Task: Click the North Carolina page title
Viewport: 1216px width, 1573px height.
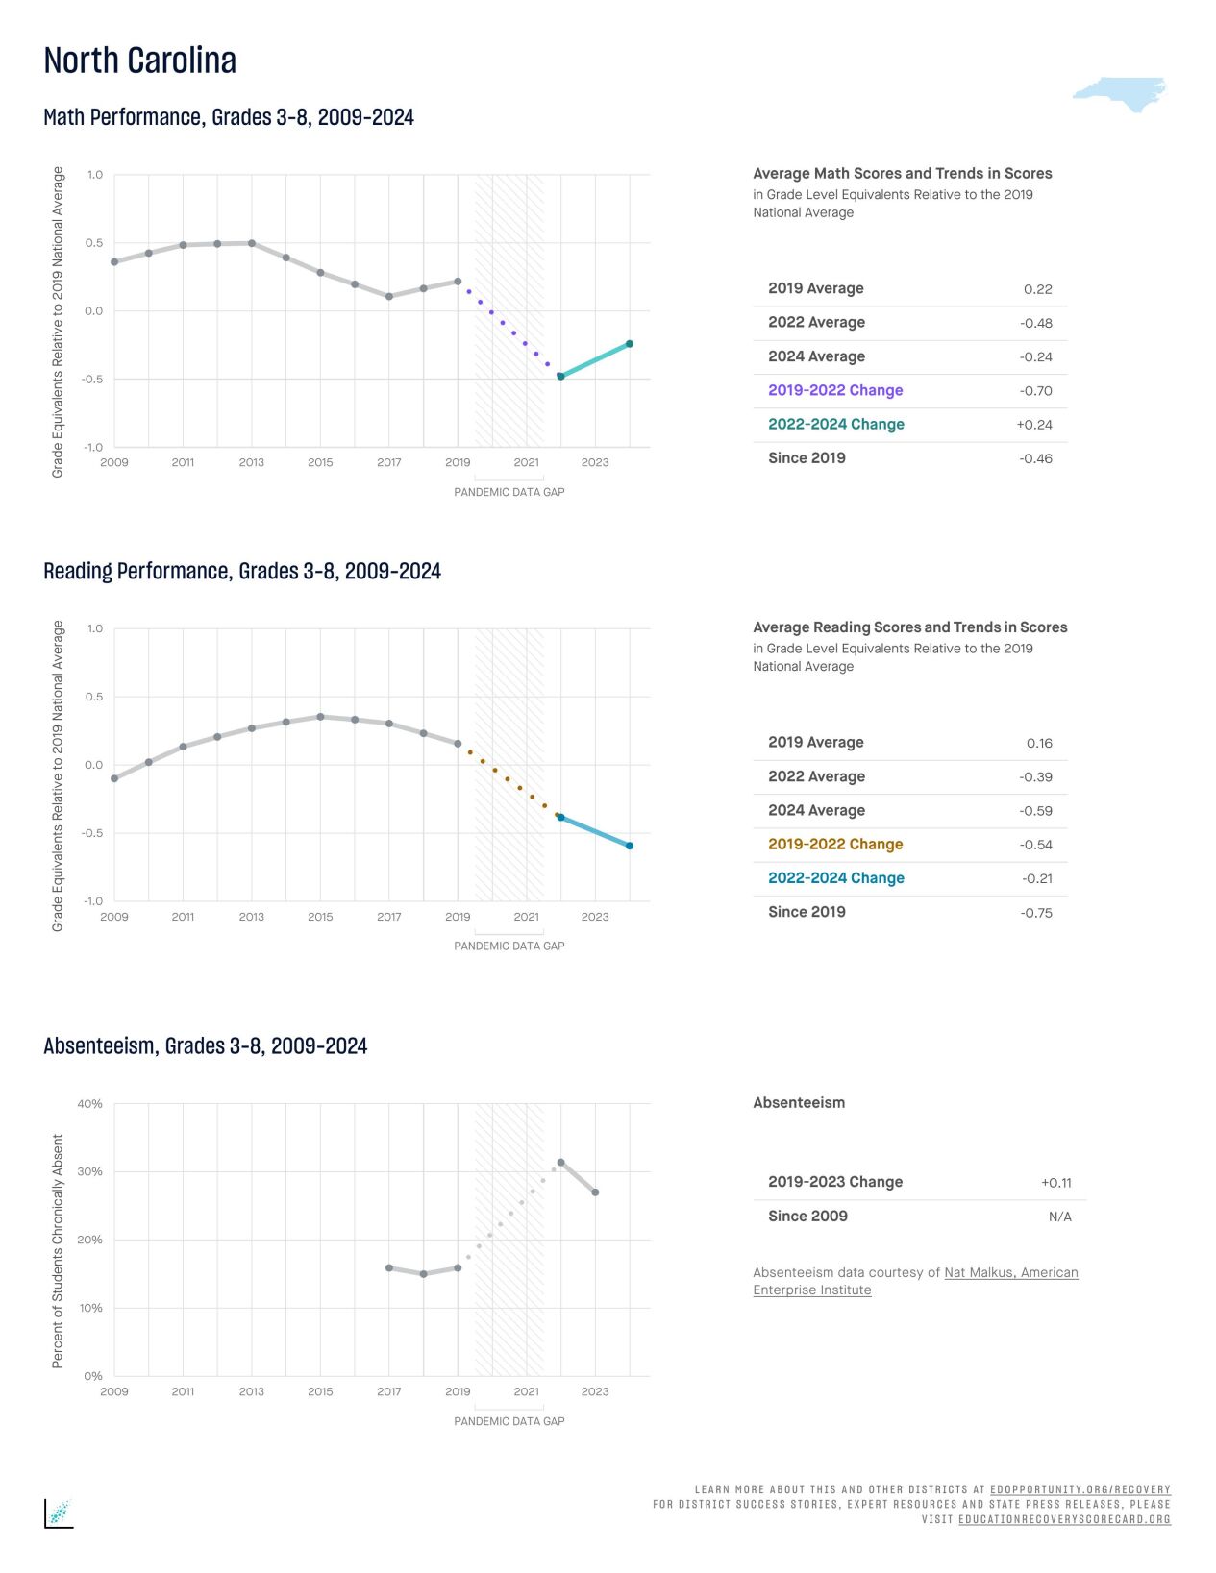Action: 140,61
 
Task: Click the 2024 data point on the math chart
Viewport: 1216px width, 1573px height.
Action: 630,343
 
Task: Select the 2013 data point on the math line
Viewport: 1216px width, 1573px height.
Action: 252,243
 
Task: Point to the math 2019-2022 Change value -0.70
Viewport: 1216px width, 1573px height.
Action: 1035,391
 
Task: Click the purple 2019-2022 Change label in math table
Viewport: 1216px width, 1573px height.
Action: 835,390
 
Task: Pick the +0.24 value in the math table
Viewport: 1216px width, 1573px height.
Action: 1034,425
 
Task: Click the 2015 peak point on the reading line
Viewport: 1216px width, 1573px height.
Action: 320,717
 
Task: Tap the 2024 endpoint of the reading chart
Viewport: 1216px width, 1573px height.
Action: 630,846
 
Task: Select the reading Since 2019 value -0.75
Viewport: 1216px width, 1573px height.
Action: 1035,913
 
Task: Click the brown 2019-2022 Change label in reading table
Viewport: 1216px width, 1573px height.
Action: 835,844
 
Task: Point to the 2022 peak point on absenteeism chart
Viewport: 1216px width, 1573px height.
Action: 561,1163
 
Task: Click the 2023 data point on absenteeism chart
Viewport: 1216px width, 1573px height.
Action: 595,1192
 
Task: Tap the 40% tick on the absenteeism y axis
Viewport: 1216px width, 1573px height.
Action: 90,1104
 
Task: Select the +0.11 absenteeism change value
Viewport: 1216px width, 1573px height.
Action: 1055,1183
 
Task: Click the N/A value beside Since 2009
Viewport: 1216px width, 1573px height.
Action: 1059,1217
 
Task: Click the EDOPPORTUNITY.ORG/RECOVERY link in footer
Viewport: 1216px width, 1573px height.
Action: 1080,1489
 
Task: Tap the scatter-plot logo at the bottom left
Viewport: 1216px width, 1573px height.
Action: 59,1512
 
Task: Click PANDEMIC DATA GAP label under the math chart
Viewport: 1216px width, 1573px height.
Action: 509,492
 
